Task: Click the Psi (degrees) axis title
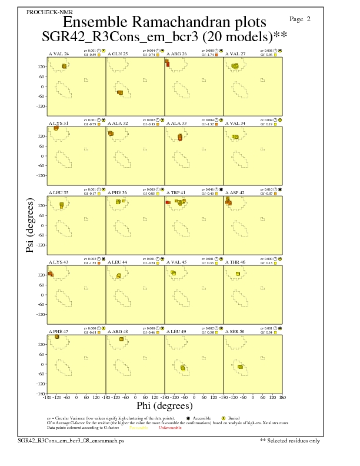30,225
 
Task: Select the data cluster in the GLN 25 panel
120,92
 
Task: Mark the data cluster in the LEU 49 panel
183,368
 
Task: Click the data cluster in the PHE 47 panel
57,337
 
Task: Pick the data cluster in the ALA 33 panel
180,137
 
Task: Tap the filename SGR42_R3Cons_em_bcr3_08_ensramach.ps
71,440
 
